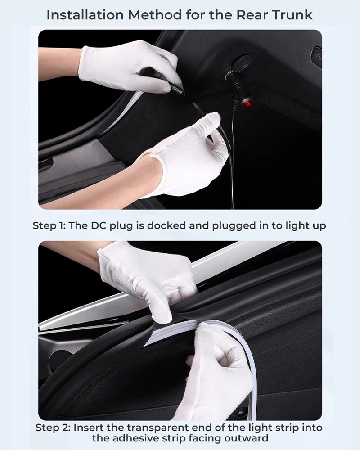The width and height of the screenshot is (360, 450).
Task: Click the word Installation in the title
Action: pyautogui.click(x=85, y=15)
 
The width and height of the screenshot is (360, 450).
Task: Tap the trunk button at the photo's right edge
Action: pyautogui.click(x=316, y=56)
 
